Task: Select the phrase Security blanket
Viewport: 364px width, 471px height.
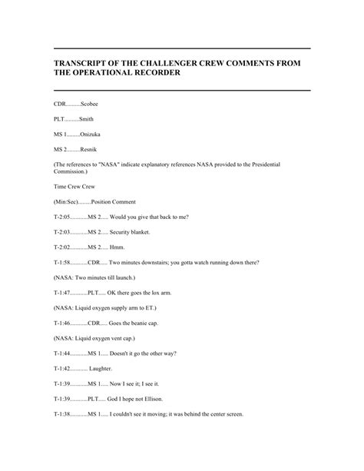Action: [x=128, y=231]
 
